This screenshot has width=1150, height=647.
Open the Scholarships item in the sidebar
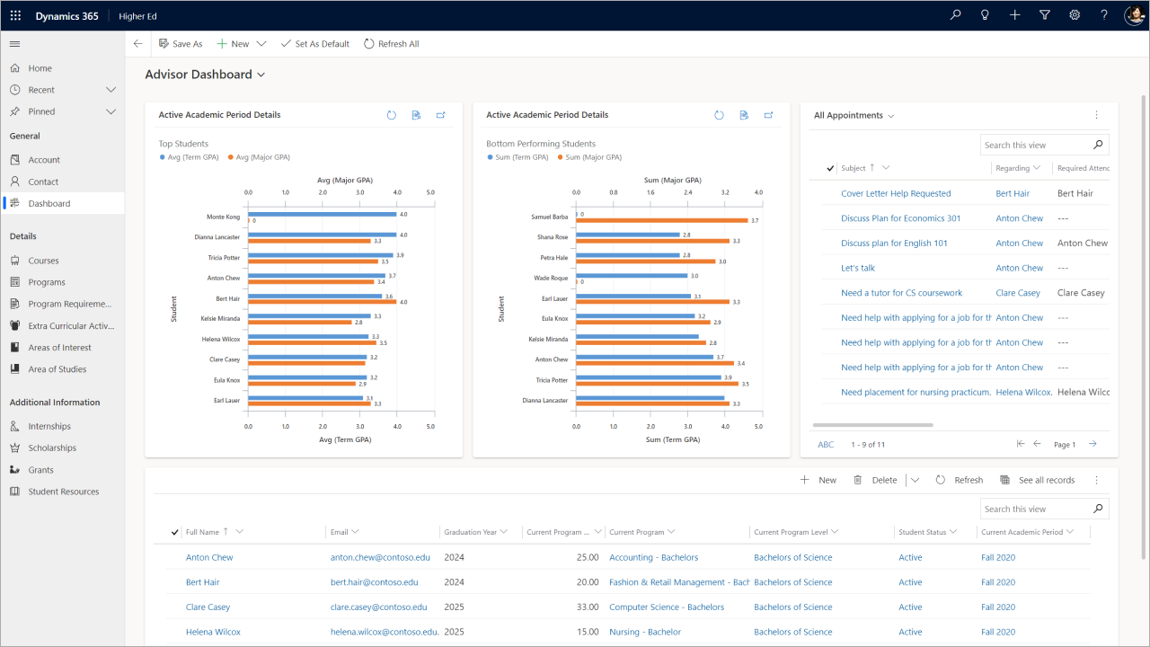52,448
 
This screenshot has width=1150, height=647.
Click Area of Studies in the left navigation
57,369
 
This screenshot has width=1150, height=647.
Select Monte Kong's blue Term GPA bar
322,214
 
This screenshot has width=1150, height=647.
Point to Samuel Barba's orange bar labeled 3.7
661,220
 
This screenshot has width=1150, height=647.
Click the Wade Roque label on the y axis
551,279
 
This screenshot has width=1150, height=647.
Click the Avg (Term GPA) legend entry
192,157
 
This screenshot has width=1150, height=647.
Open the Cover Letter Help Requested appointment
896,194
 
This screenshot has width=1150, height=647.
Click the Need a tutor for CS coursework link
901,293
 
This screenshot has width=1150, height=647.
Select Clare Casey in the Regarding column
1018,293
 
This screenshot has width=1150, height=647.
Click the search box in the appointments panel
1035,146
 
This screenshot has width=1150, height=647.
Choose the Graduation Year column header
470,532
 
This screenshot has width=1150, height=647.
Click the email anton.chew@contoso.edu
380,558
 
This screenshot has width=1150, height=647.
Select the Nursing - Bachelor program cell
645,633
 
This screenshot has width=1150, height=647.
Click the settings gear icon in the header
1075,15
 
